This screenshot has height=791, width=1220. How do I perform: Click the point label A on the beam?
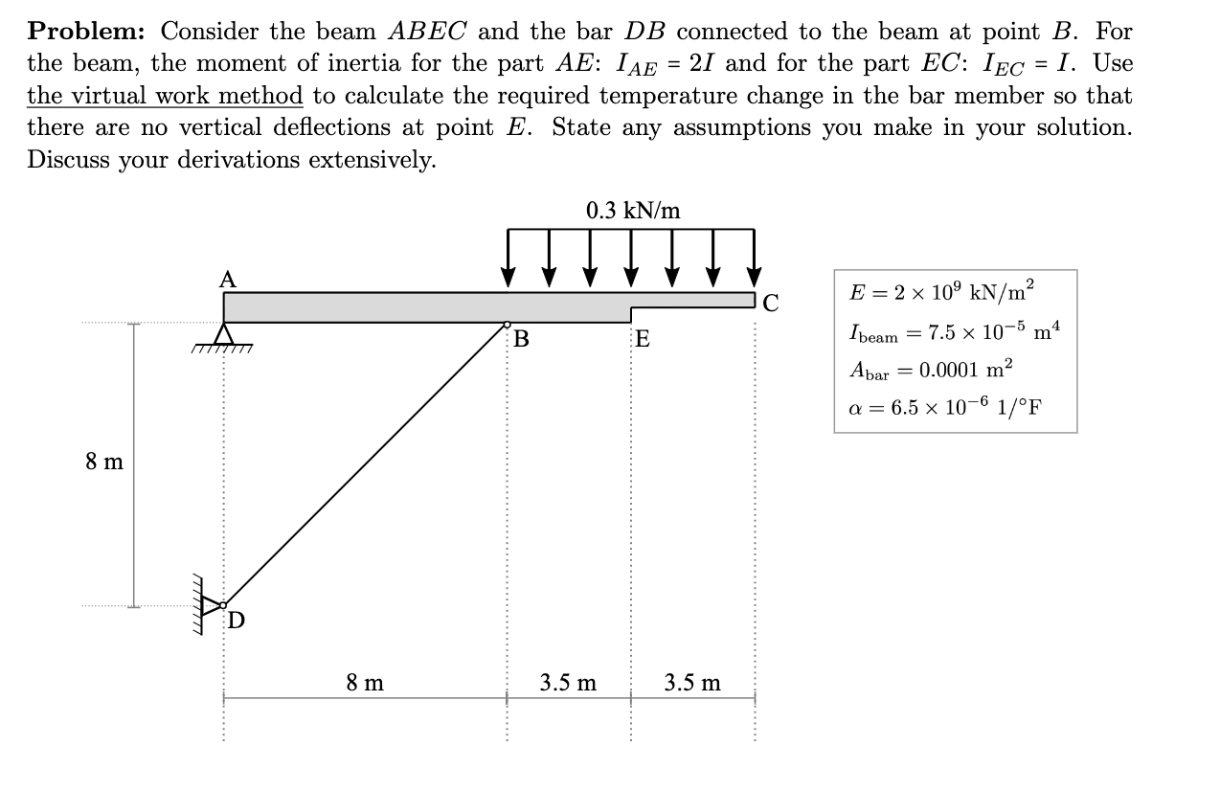tap(226, 280)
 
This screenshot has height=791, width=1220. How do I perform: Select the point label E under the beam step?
tap(643, 339)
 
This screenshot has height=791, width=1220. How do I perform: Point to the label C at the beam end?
tap(771, 305)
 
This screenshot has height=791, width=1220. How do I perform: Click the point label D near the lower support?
tap(236, 621)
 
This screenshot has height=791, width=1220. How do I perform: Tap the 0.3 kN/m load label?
tap(633, 211)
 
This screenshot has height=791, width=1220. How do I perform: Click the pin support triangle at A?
tap(224, 335)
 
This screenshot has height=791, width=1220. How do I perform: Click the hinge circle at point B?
tap(508, 325)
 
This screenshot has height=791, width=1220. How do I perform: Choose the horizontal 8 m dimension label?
tap(365, 683)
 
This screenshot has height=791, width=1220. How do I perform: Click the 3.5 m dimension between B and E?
tap(568, 683)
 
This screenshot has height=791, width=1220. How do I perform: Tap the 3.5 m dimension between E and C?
tap(693, 683)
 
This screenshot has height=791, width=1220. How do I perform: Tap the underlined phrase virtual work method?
tap(165, 96)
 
